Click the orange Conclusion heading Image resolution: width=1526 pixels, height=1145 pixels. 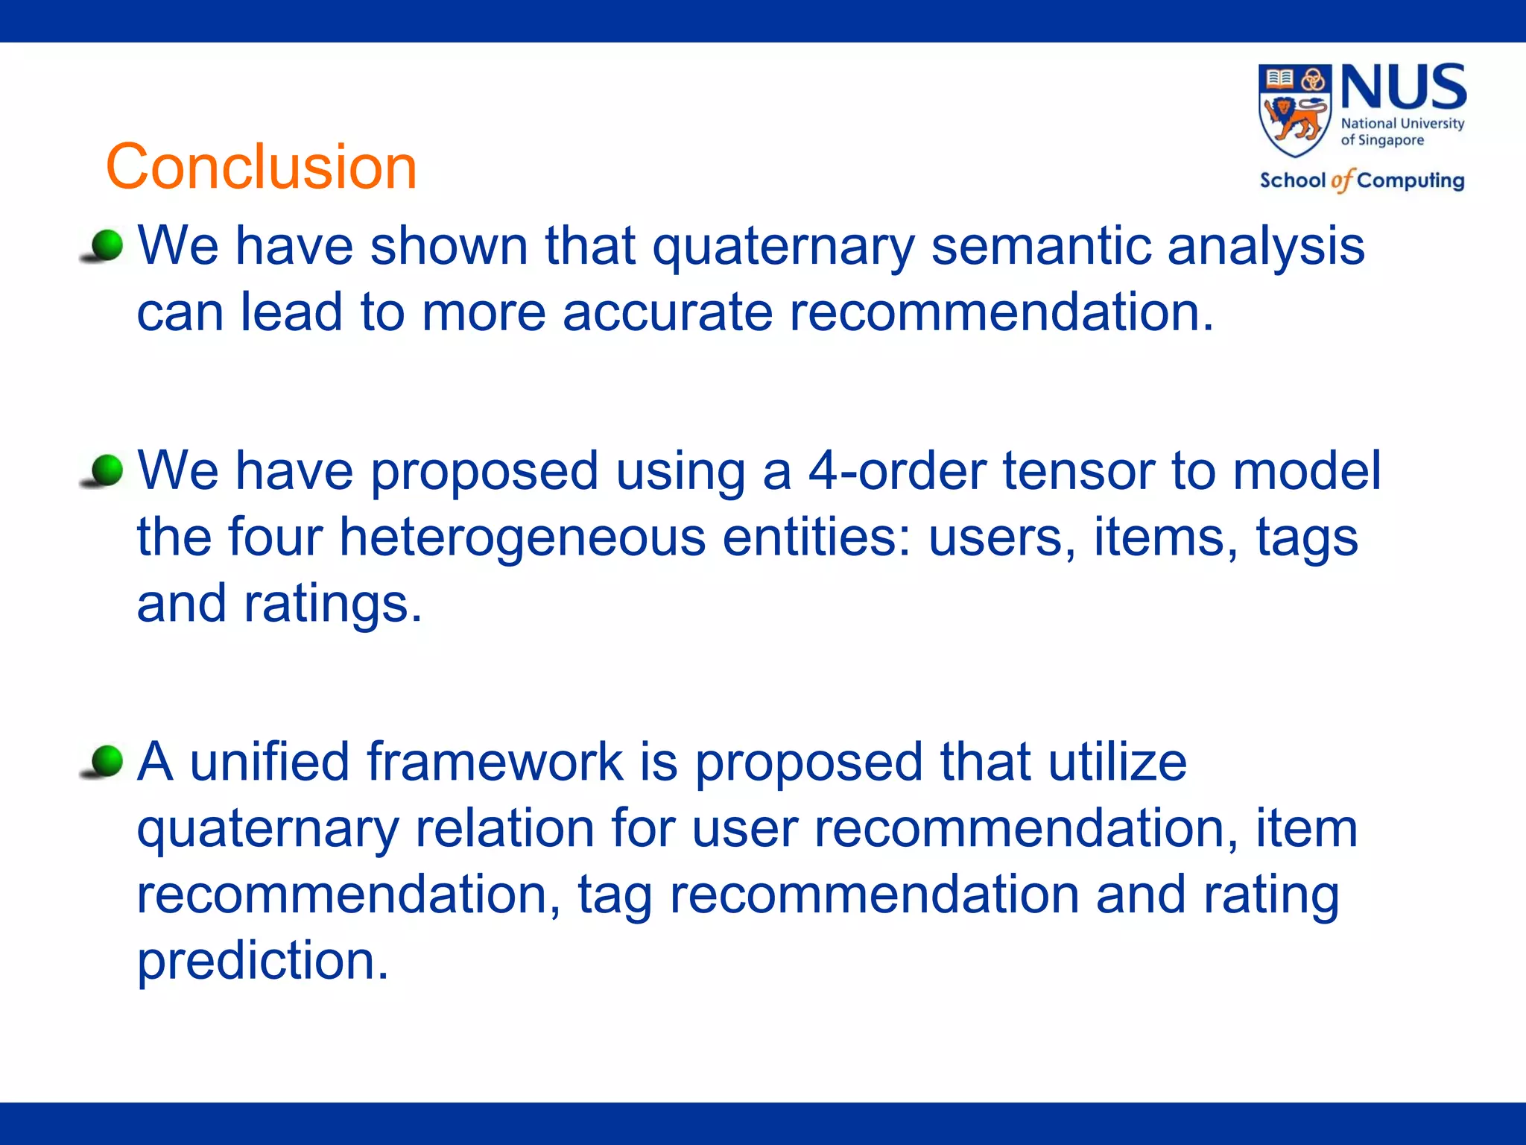coord(261,166)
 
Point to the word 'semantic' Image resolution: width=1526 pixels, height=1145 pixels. coord(1040,246)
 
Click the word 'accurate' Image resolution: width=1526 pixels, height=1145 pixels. coord(667,312)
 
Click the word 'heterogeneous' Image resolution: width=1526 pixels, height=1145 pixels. coord(522,537)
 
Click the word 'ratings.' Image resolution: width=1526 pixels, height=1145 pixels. coord(333,604)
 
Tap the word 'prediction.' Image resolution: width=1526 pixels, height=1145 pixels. coord(263,962)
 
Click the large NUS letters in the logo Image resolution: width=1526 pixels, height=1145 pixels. coord(1404,87)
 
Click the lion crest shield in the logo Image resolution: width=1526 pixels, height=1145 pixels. coord(1294,110)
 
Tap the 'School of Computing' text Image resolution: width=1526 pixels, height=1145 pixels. coord(1361,180)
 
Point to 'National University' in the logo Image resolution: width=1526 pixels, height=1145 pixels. coord(1402,124)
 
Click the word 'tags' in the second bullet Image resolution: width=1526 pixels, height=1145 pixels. coord(1307,538)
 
